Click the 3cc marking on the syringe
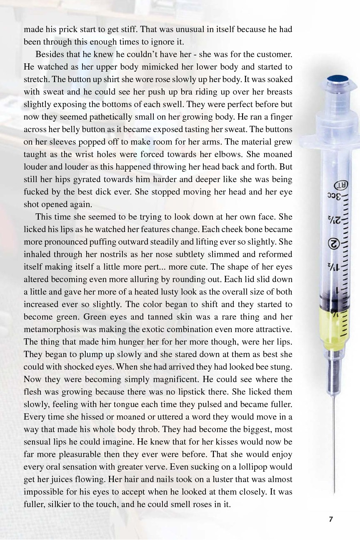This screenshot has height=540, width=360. tap(336, 197)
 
